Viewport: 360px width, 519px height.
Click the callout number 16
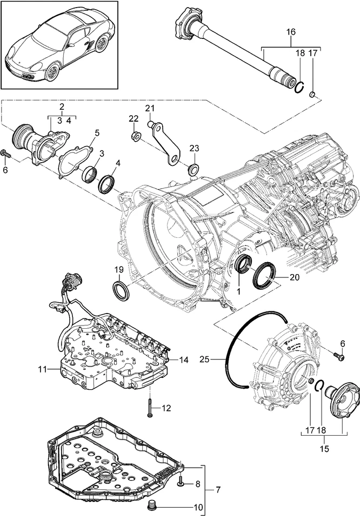click(291, 32)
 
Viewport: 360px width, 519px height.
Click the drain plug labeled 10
click(153, 506)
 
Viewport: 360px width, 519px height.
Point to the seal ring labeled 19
click(121, 289)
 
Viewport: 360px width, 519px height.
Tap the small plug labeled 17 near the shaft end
click(312, 96)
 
